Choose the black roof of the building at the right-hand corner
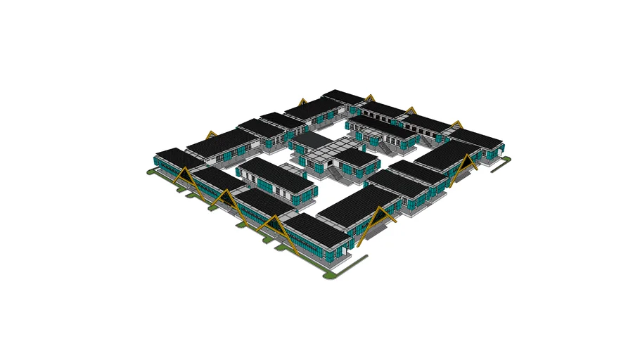(x=480, y=137)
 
